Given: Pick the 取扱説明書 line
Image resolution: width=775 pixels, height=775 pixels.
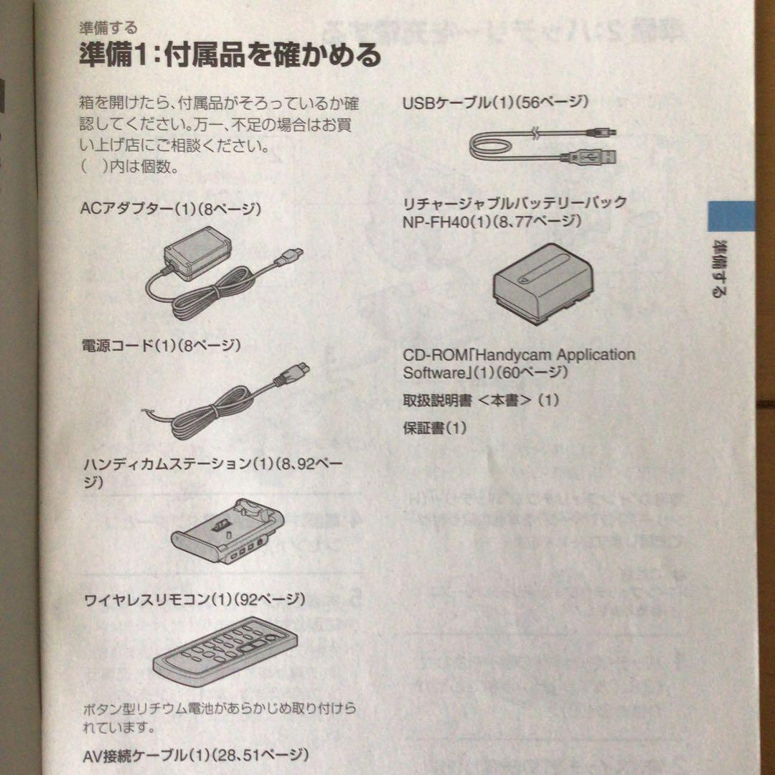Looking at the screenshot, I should (x=480, y=400).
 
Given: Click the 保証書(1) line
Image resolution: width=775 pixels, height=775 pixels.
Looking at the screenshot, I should (x=434, y=428).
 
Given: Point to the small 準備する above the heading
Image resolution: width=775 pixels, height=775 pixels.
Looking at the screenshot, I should (x=108, y=29).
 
